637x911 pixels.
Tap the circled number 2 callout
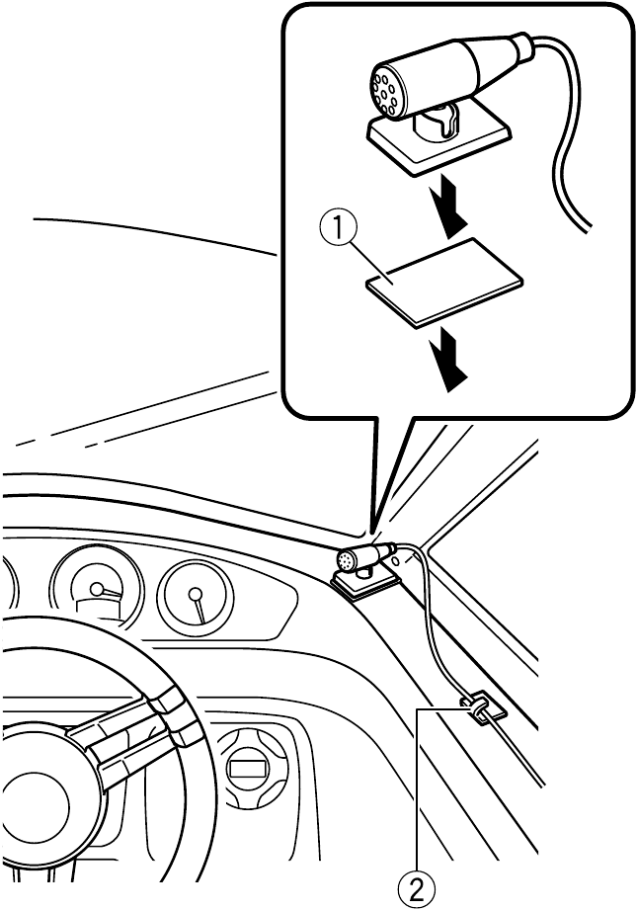tap(420, 889)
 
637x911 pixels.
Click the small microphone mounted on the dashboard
tap(363, 559)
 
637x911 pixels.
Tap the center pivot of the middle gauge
tap(96, 589)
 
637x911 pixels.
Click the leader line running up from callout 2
tap(420, 790)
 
